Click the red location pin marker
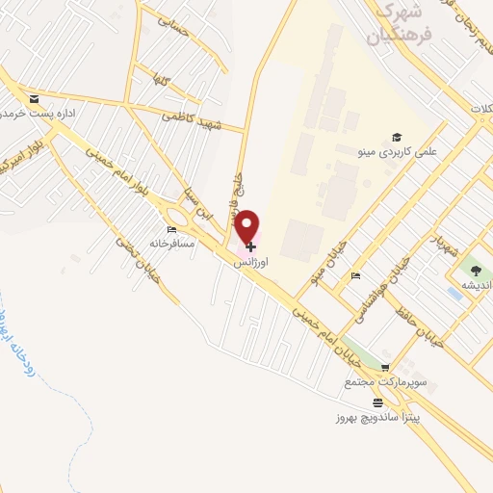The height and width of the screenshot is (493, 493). [x=248, y=227]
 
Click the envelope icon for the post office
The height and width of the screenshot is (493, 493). [x=35, y=98]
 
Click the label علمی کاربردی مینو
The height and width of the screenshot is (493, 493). [x=409, y=152]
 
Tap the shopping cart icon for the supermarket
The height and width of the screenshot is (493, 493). [x=385, y=368]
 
